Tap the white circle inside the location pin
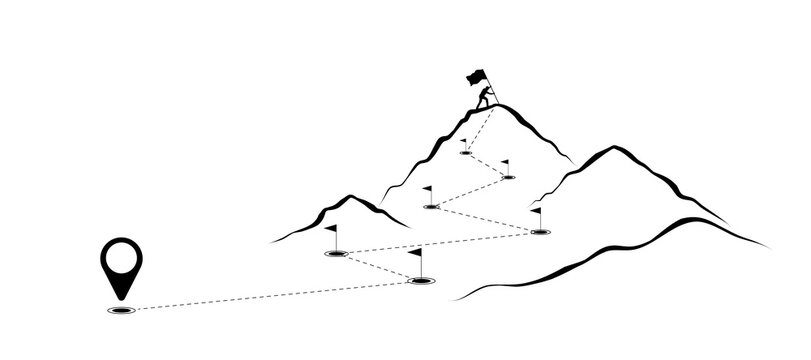point(121,258)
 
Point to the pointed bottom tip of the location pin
point(121,298)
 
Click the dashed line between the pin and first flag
point(270,296)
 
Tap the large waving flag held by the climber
point(474,75)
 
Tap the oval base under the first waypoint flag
point(421,282)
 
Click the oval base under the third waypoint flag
point(540,232)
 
